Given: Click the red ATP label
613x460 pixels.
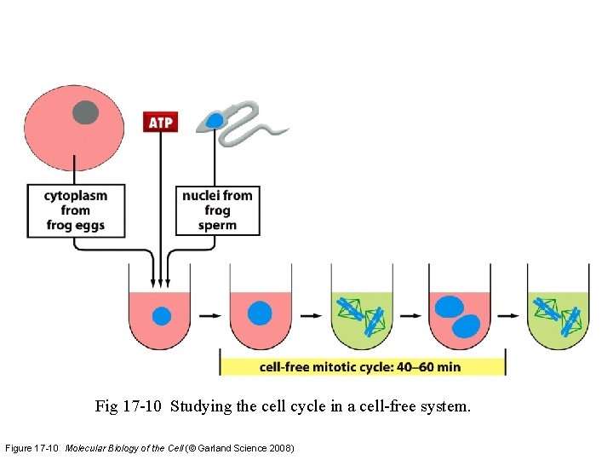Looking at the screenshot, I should point(160,122).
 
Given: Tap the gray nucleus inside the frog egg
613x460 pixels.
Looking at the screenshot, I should point(85,112).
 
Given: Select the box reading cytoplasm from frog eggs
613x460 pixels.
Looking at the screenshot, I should point(76,210).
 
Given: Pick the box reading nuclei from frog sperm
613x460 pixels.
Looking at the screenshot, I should point(217,210).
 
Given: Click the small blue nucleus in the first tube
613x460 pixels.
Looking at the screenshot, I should point(161,316).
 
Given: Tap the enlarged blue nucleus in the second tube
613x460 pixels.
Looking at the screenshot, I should point(260,313).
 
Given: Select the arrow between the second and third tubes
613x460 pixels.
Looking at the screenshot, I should point(311,315).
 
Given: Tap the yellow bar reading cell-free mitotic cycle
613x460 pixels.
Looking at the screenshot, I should point(362,367).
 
